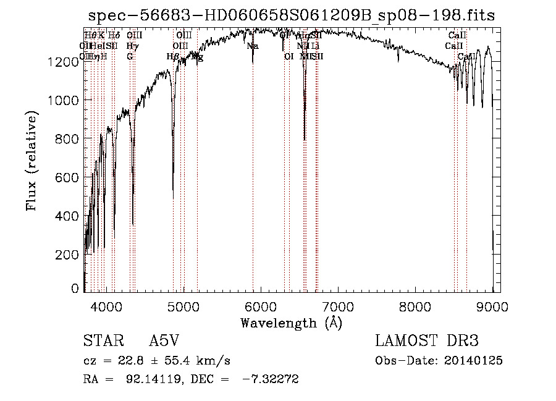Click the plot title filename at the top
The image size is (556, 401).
[291, 16]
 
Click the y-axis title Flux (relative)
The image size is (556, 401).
[32, 161]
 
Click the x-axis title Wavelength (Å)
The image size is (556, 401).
[291, 323]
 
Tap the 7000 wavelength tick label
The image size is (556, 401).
[338, 306]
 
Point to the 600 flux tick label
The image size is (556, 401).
[69, 178]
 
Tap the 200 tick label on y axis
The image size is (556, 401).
[69, 255]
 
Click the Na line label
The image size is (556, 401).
[252, 46]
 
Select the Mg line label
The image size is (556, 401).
[197, 57]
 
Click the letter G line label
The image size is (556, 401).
[130, 57]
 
